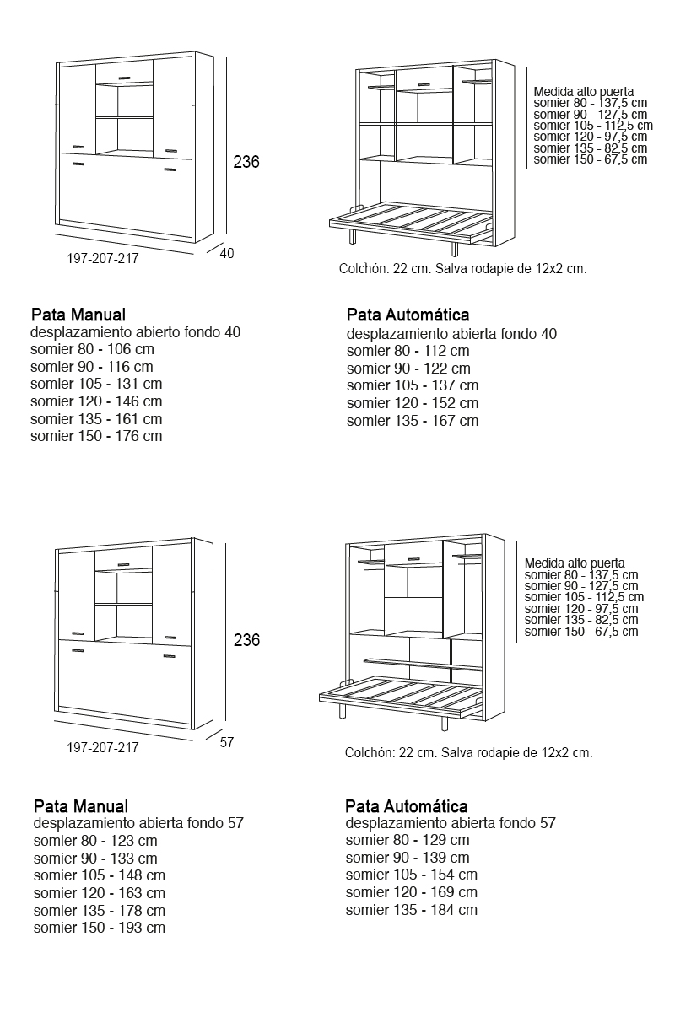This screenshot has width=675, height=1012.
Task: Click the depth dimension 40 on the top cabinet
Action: [x=227, y=253]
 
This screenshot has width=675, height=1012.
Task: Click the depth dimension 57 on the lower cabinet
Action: [x=226, y=742]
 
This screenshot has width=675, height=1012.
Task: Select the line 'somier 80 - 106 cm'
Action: [x=92, y=349]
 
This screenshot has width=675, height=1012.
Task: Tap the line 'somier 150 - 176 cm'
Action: [x=96, y=436]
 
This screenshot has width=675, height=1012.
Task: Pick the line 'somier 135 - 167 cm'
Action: [x=412, y=421]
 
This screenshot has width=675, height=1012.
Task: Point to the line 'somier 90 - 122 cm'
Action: [x=408, y=369]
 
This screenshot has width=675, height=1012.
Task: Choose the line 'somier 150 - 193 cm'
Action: [x=100, y=928]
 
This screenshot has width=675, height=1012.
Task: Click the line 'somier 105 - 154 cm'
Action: [x=412, y=875]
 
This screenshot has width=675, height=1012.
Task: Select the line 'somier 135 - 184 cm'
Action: [x=412, y=910]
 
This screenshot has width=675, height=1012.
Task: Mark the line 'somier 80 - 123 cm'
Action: [x=95, y=841]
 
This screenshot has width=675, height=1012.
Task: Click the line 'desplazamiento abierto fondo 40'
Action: [x=135, y=332]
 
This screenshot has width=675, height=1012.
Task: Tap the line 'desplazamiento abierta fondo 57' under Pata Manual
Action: [x=138, y=823]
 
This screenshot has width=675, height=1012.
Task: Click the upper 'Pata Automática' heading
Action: [x=408, y=315]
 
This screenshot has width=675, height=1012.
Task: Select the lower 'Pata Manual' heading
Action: [x=81, y=806]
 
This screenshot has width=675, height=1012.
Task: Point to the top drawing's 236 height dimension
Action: [x=246, y=162]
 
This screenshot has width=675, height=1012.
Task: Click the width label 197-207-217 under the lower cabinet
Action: [x=103, y=747]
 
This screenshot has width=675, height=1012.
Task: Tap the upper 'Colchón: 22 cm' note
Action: [x=462, y=269]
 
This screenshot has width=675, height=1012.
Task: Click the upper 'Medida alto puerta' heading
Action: [x=584, y=92]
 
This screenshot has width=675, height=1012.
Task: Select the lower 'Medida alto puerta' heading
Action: [x=575, y=563]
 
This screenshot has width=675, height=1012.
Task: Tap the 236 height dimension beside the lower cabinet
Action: [x=246, y=641]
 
